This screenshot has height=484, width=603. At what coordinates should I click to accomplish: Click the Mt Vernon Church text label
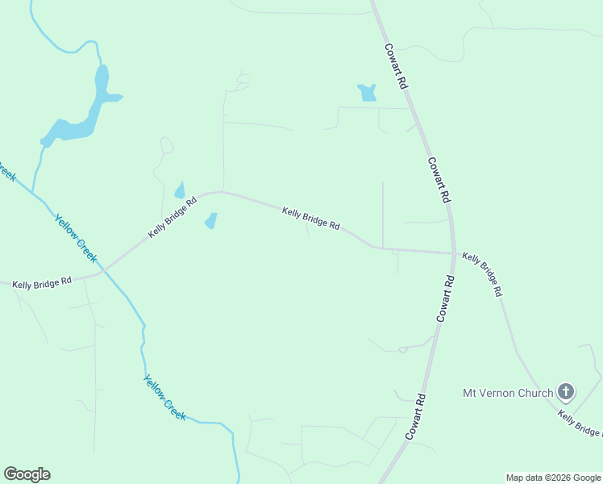507,393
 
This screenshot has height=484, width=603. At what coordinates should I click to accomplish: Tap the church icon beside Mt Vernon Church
566,393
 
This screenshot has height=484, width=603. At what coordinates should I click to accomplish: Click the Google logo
27,474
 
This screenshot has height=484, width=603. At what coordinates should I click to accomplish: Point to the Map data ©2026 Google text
553,478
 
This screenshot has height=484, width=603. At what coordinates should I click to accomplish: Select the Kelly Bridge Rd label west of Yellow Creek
42,282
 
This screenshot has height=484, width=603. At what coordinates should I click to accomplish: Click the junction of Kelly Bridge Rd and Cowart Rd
454,253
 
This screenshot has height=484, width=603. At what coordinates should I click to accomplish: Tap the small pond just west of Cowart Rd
368,93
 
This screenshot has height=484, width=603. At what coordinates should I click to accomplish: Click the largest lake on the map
77,121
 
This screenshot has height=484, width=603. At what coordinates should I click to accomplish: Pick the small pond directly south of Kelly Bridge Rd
211,220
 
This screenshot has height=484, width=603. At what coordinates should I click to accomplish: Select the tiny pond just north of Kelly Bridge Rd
180,190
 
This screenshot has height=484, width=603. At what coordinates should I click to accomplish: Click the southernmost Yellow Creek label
165,397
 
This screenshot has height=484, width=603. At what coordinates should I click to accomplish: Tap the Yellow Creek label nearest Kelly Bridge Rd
76,239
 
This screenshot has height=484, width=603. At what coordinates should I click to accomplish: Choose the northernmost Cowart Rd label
397,66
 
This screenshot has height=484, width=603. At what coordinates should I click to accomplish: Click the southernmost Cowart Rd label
415,415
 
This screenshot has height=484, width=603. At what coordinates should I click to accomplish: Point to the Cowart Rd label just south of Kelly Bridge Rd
446,298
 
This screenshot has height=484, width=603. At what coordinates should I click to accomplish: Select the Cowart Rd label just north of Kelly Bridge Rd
439,179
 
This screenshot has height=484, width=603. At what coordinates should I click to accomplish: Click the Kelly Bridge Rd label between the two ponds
310,218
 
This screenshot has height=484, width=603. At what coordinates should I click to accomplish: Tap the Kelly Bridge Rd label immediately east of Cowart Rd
482,274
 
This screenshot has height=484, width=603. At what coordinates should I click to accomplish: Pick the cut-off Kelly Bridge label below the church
580,423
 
